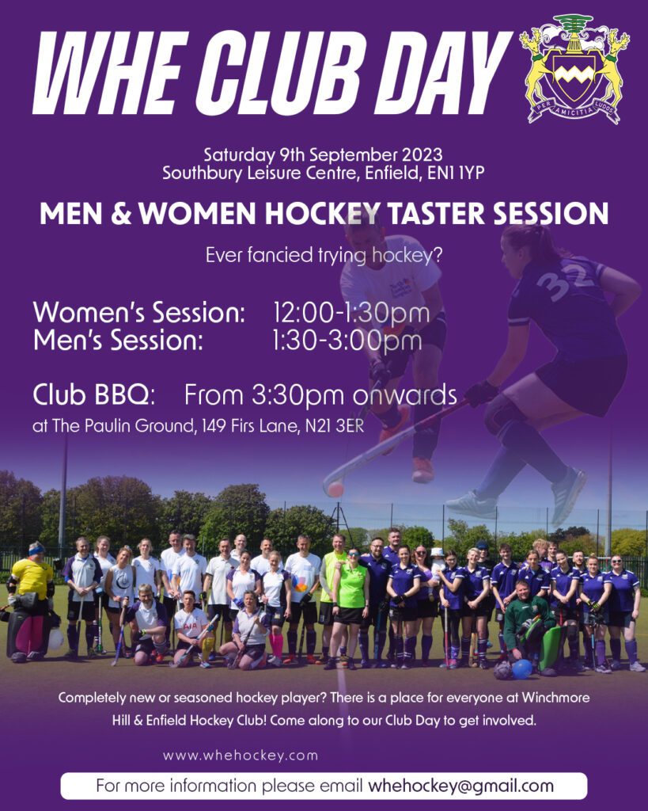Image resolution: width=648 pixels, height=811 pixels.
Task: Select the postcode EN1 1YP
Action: click(456, 173)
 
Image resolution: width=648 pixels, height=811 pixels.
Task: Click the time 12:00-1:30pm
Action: click(351, 313)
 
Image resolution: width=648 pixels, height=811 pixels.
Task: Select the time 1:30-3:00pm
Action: click(347, 341)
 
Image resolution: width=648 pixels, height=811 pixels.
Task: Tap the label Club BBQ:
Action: click(94, 394)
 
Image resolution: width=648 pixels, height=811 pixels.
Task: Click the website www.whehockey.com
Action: click(241, 756)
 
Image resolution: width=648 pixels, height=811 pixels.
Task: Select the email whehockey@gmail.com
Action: click(460, 786)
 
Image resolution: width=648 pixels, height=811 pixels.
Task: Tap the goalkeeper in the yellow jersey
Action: click(31, 603)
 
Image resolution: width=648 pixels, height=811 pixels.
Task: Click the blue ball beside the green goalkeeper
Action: click(522, 668)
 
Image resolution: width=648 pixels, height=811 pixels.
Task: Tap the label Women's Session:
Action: click(139, 313)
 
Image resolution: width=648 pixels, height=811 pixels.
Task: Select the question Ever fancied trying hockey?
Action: click(324, 256)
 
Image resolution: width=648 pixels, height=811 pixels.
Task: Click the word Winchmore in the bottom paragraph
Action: click(555, 698)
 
